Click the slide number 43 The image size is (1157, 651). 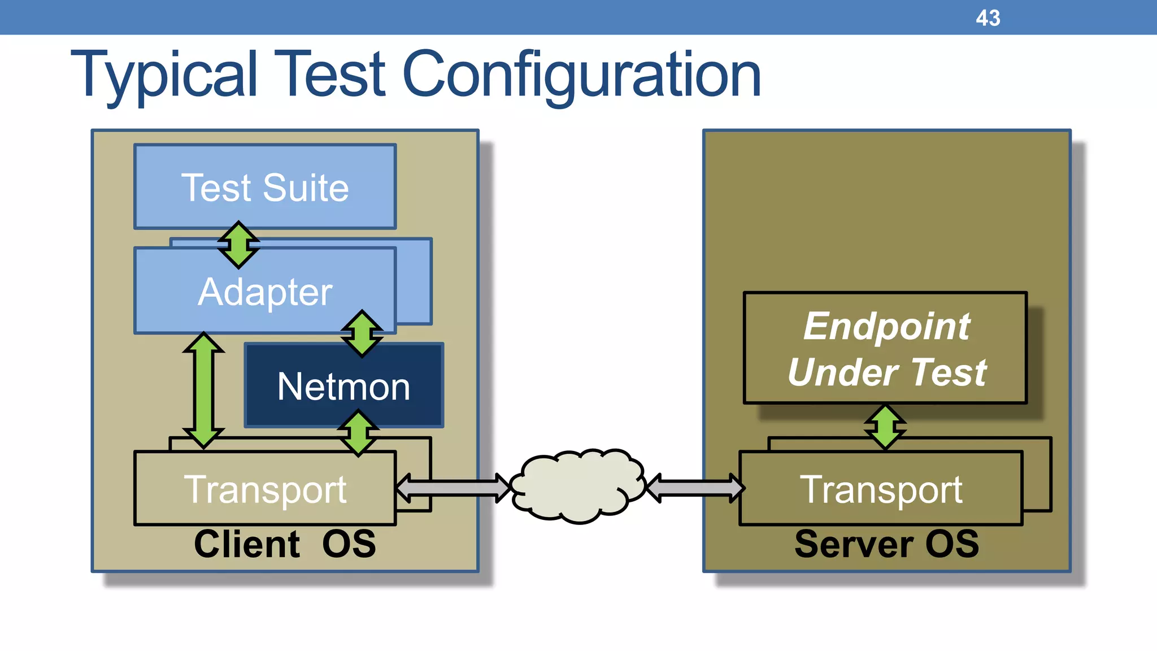pyautogui.click(x=988, y=18)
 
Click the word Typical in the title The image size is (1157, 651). pyautogui.click(x=164, y=75)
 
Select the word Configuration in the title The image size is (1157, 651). pyautogui.click(x=581, y=75)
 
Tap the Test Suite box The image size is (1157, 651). pyautogui.click(x=265, y=187)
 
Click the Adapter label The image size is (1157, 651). pyautogui.click(x=265, y=292)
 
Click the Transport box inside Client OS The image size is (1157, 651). pyautogui.click(x=265, y=489)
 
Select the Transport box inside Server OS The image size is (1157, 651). pyautogui.click(x=881, y=489)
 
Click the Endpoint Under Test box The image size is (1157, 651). pyautogui.click(x=885, y=348)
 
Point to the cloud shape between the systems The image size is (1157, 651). pyautogui.click(x=577, y=486)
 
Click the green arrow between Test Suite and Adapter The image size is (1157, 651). pyautogui.click(x=238, y=244)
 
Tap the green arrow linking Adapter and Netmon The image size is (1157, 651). pyautogui.click(x=362, y=333)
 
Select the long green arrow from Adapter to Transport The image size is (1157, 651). pyautogui.click(x=203, y=390)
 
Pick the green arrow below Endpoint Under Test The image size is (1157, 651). pyautogui.click(x=885, y=427)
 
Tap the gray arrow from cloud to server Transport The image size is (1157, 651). pyautogui.click(x=695, y=488)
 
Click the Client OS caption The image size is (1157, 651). pyautogui.click(x=285, y=544)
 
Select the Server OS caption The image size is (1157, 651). pyautogui.click(x=886, y=544)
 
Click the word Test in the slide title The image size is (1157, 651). pyautogui.click(x=333, y=75)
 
